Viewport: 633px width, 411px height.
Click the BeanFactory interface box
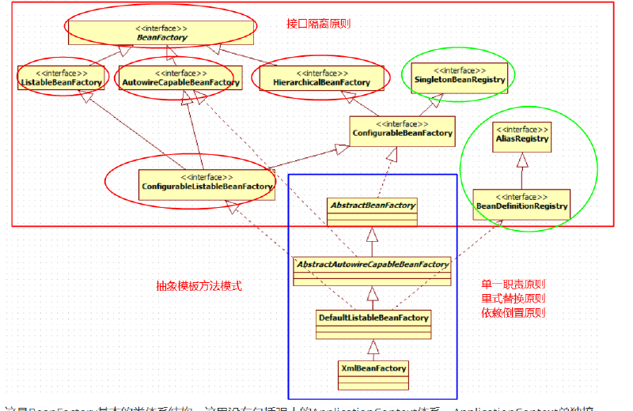[x=161, y=32]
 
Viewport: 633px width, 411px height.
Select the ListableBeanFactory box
[x=60, y=77]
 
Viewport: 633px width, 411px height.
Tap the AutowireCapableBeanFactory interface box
[x=180, y=77]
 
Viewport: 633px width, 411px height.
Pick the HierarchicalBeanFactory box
[x=321, y=77]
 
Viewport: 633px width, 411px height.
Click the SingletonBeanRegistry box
[x=457, y=75]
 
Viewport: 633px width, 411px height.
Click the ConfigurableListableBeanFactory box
[x=207, y=182]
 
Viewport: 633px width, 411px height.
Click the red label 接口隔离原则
[x=318, y=24]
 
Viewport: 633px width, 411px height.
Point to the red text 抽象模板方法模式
[x=199, y=286]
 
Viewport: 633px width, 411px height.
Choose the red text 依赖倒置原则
[x=514, y=313]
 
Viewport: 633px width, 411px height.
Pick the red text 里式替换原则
[x=514, y=299]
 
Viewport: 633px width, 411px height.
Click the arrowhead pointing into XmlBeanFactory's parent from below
[x=373, y=345]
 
